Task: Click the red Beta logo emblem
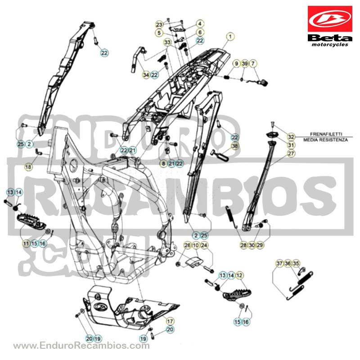330,19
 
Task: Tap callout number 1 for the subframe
230,36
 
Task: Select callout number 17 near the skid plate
170,321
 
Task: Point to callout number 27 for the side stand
291,153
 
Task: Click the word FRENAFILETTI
326,134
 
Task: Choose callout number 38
234,146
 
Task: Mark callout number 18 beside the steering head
28,167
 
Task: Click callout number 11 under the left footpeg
26,243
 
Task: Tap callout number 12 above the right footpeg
239,275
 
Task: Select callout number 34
146,75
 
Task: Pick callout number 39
245,63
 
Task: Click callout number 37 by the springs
279,263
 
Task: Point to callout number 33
167,42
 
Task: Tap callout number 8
163,163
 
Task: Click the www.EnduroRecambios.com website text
81,346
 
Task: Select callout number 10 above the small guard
196,245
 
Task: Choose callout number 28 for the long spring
243,245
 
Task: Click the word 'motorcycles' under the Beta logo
330,44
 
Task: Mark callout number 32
291,137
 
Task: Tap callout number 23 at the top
159,24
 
